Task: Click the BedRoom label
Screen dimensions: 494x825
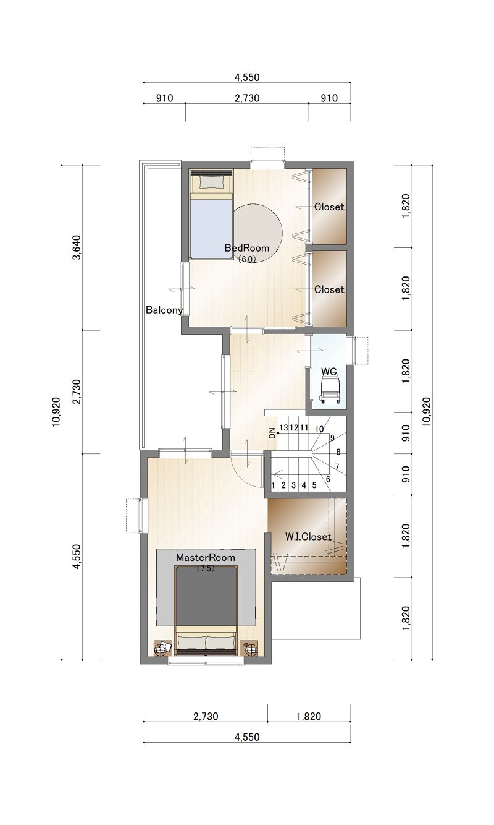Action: pyautogui.click(x=246, y=248)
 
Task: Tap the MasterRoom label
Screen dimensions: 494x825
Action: pyautogui.click(x=205, y=557)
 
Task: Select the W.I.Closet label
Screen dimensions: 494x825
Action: pyautogui.click(x=308, y=537)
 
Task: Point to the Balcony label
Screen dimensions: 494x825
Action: pyautogui.click(x=164, y=310)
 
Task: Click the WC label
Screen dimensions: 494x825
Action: pyautogui.click(x=329, y=371)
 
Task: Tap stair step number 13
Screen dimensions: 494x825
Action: pyautogui.click(x=283, y=427)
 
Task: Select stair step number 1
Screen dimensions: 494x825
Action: pyautogui.click(x=274, y=485)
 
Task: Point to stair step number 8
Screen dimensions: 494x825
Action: pyautogui.click(x=338, y=452)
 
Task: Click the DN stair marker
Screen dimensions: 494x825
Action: pyautogui.click(x=272, y=434)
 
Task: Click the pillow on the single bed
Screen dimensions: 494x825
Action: pyautogui.click(x=211, y=182)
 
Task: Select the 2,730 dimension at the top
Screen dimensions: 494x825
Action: pyautogui.click(x=247, y=98)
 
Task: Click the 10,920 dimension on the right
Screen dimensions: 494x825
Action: pyautogui.click(x=427, y=412)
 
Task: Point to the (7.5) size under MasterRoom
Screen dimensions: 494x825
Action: pyautogui.click(x=205, y=568)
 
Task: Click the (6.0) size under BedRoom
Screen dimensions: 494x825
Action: pyautogui.click(x=246, y=259)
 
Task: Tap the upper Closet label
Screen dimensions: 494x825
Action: pyautogui.click(x=329, y=207)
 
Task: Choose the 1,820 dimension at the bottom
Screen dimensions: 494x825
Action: pyautogui.click(x=309, y=716)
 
